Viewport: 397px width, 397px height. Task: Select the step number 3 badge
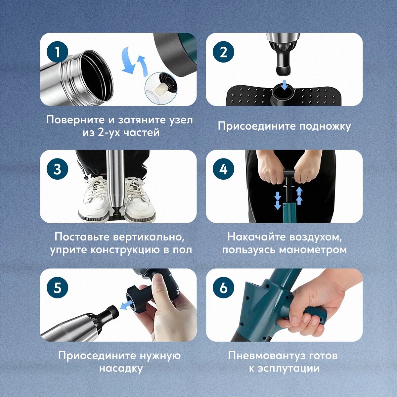[x=57, y=169]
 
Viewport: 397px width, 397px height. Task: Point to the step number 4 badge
[x=224, y=169]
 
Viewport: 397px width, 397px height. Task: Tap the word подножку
[x=325, y=127]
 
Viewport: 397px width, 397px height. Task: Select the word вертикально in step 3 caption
[x=148, y=237]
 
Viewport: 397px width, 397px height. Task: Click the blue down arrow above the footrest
[x=285, y=85]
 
